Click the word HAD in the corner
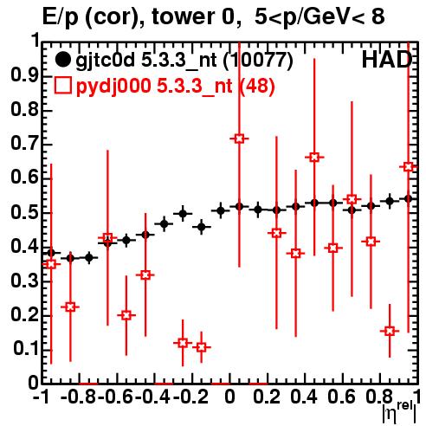[387, 60]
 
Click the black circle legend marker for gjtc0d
[62, 60]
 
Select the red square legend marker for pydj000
[62, 85]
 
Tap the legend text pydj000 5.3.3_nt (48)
[176, 86]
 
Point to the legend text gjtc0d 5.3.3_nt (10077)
[184, 61]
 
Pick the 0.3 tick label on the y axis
[24, 280]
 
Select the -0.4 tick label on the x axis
[152, 397]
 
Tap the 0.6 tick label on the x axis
[341, 397]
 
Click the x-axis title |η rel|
[399, 412]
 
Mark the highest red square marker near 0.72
[239, 139]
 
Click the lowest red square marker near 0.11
[202, 347]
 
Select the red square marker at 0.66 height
[314, 158]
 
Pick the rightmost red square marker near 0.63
[409, 167]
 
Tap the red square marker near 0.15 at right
[390, 331]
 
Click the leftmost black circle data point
[51, 253]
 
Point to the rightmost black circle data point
[408, 199]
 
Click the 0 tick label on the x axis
[229, 397]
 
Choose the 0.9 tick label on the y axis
[24, 75]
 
